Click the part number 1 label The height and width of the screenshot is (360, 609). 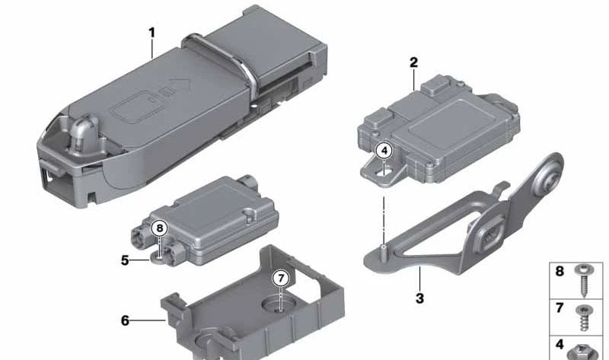coord(151,33)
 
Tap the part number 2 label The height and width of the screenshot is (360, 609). coord(413,62)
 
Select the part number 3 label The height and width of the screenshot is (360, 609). coord(419,298)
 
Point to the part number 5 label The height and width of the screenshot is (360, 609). coord(125,260)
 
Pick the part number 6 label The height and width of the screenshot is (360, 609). coord(125,320)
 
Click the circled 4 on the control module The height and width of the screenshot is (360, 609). coord(384,151)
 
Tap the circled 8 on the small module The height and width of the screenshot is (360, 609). coord(160,228)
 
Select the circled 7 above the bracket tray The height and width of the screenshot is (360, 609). coord(281,278)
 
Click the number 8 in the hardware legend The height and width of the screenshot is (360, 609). coord(560,271)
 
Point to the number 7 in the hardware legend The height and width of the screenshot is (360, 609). coord(560,308)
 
